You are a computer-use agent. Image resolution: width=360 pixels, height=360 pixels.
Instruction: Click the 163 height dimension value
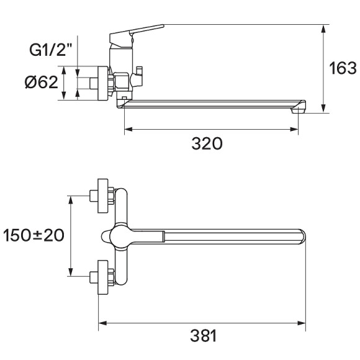[342, 68]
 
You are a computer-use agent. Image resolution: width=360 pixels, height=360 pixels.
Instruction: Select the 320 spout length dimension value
[206, 144]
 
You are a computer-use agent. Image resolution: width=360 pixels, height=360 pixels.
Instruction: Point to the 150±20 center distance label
[34, 235]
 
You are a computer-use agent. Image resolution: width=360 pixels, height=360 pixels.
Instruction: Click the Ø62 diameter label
[42, 82]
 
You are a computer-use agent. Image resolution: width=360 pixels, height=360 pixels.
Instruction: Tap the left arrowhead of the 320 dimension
[128, 130]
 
